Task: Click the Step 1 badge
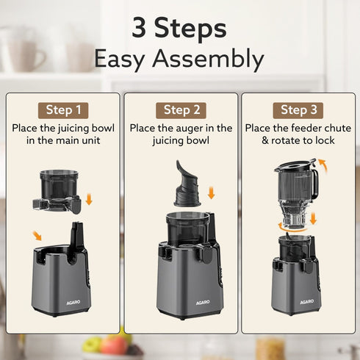click(x=64, y=109)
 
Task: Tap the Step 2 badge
click(x=181, y=109)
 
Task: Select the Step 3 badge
click(x=299, y=109)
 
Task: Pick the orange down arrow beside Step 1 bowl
click(x=89, y=199)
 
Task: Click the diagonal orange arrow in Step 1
click(x=37, y=236)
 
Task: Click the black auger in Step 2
click(x=187, y=184)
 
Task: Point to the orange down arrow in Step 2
click(x=211, y=193)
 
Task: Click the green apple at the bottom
click(x=92, y=344)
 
